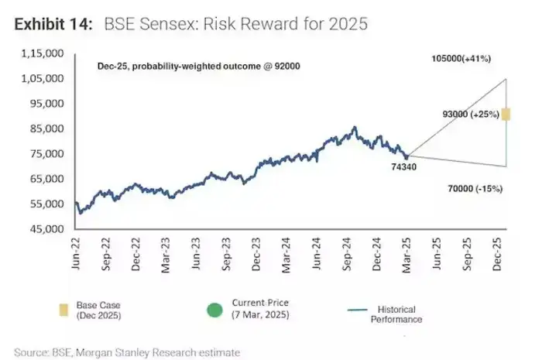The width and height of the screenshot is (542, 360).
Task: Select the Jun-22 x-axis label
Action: point(77,252)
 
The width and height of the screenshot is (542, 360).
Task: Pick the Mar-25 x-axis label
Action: point(406,252)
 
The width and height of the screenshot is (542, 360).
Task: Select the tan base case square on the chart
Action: point(506,115)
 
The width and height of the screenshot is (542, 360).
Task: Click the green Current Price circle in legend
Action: point(214,310)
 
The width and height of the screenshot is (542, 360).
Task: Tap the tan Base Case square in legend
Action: point(63,311)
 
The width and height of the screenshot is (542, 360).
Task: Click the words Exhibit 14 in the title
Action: point(51,24)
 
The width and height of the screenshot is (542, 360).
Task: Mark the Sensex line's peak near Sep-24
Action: point(355,127)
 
